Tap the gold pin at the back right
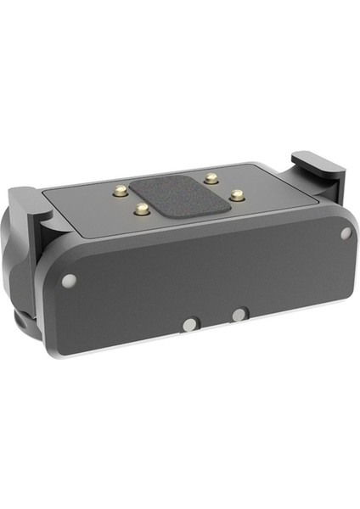[x=209, y=178]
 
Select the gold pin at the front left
[x=143, y=209]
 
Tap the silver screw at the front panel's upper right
[x=346, y=232]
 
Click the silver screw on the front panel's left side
[x=69, y=280]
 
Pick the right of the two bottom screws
[x=239, y=315]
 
